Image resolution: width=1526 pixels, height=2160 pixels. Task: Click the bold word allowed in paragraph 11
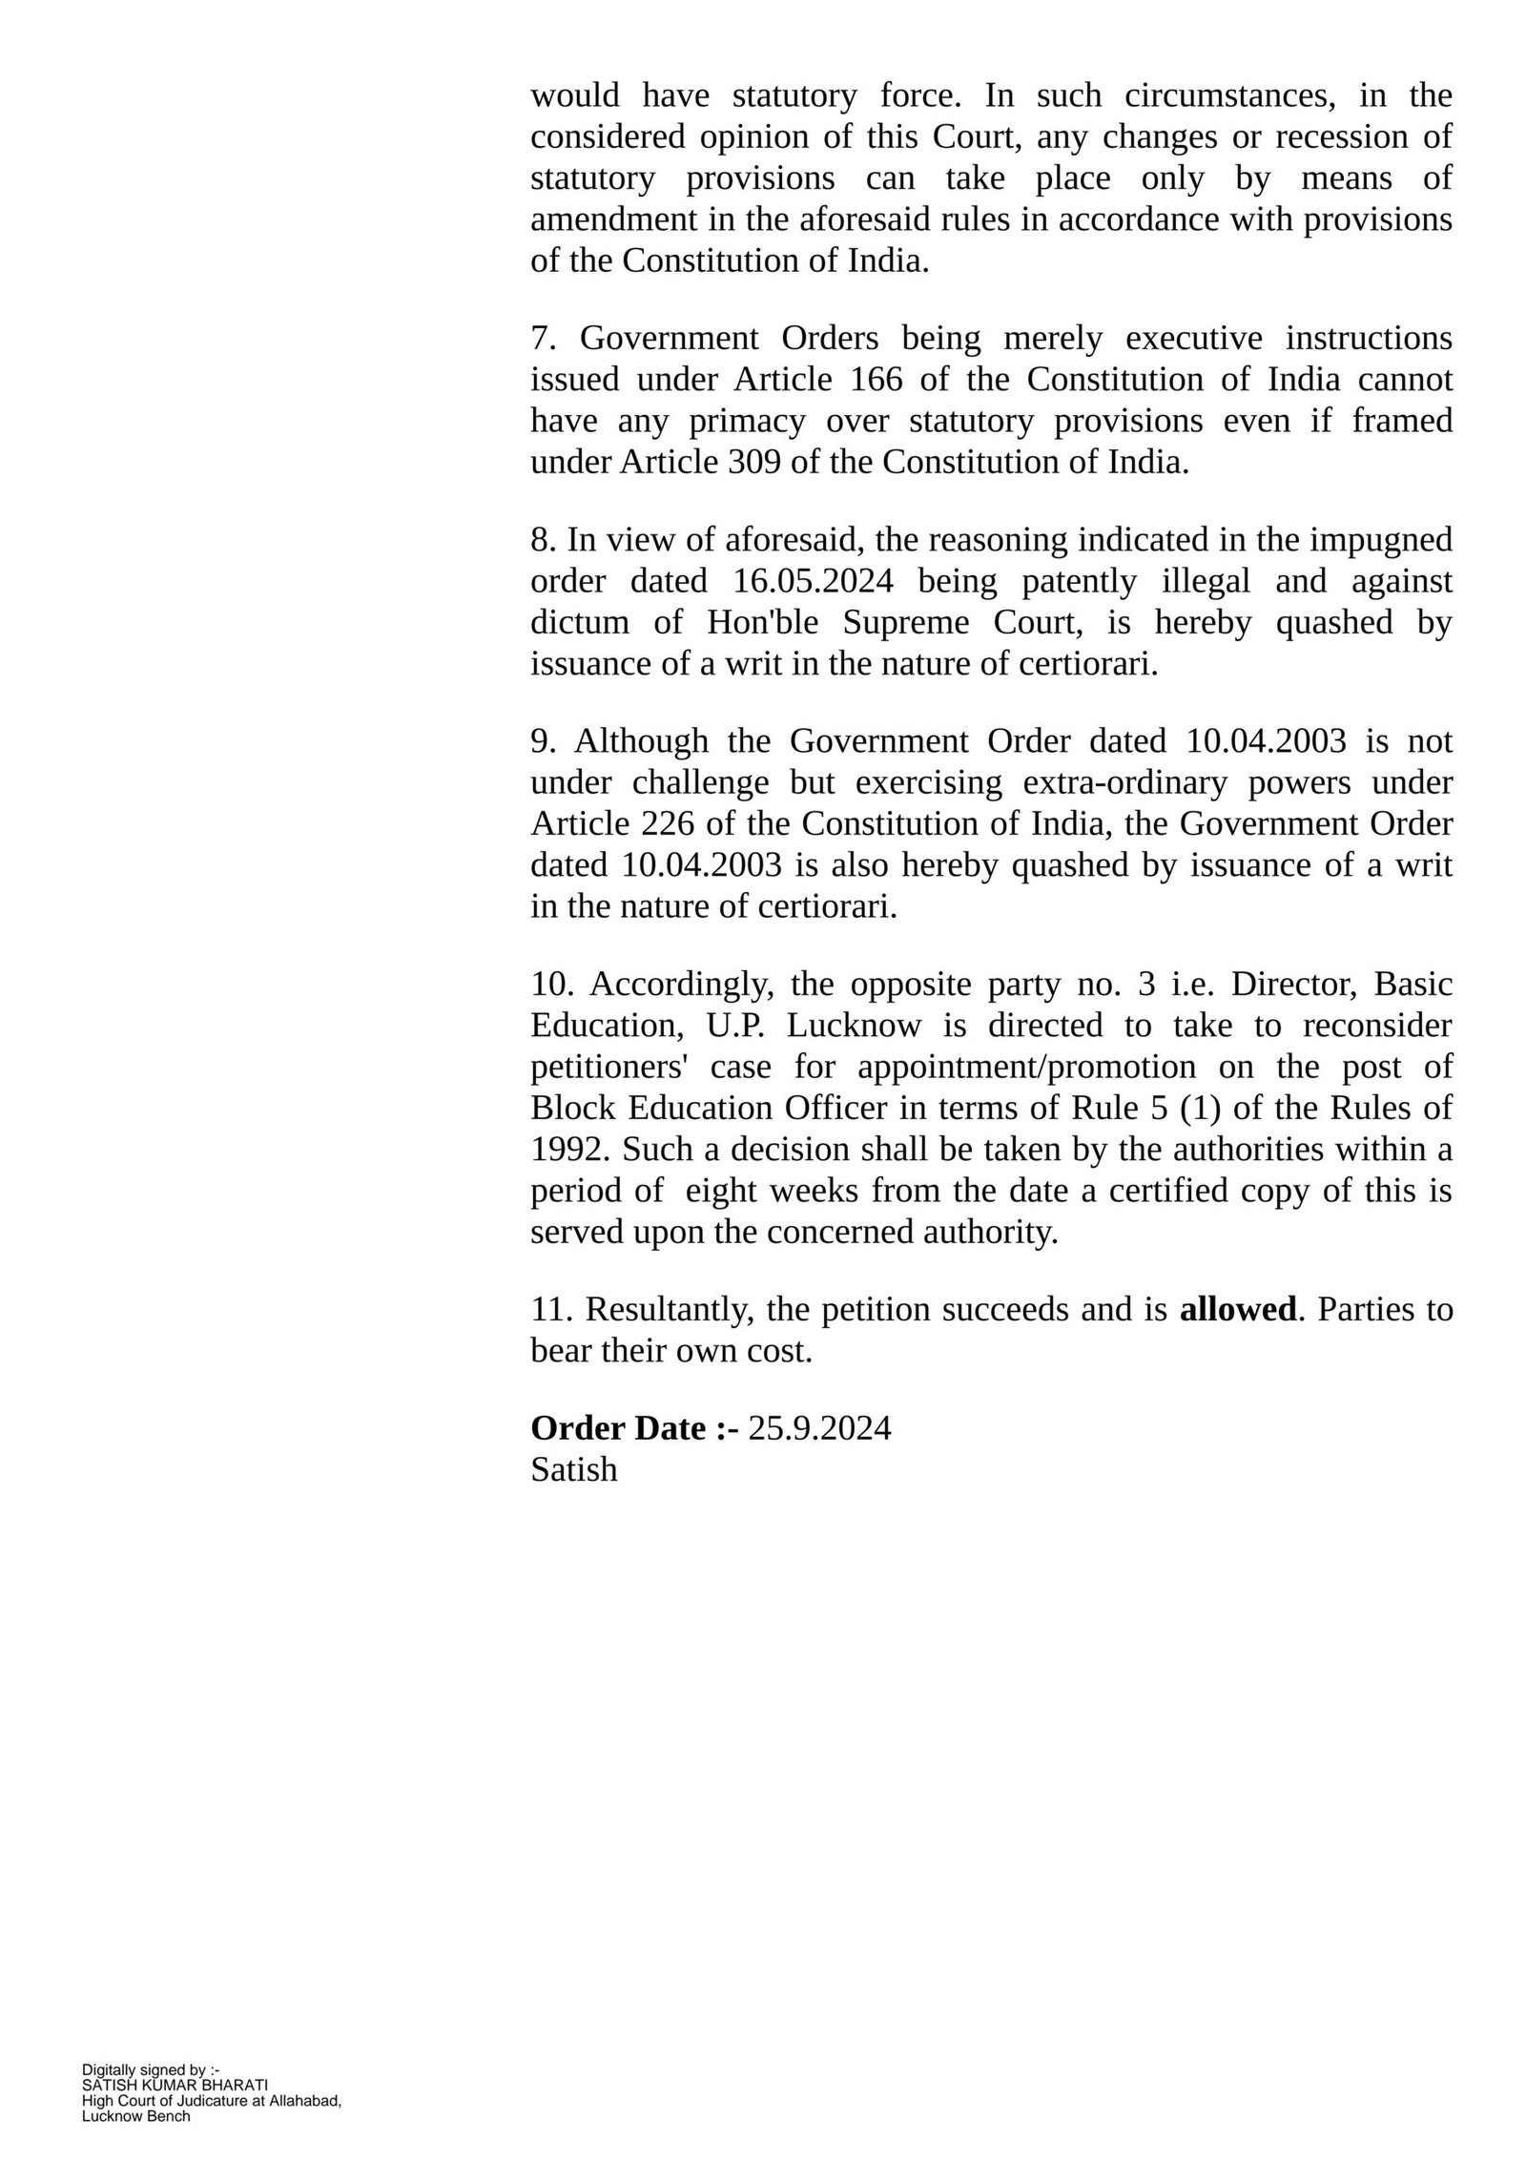[x=1237, y=1310]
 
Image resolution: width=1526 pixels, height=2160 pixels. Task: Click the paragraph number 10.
[x=548, y=984]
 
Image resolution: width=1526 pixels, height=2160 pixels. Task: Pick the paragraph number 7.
[x=542, y=339]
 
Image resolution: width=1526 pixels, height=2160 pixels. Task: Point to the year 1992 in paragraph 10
[x=567, y=1150]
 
